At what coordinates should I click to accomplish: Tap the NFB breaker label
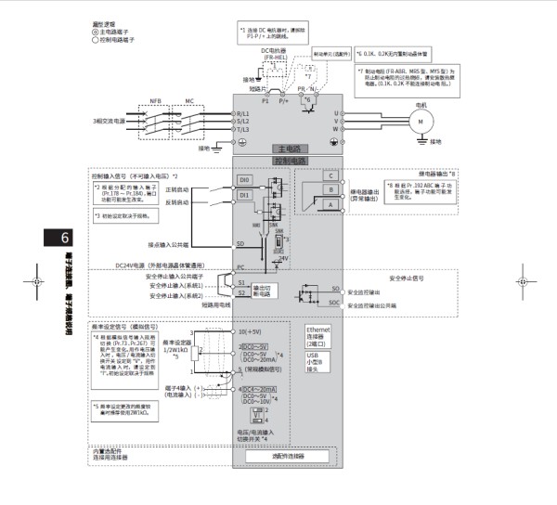click(155, 99)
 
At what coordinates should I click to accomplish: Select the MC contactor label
click(189, 99)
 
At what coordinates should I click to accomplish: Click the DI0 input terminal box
click(244, 179)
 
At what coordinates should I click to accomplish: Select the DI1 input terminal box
click(244, 196)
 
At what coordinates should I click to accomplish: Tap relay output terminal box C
click(329, 175)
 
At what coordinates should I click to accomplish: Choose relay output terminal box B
click(329, 190)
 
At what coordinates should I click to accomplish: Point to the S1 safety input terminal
click(241, 281)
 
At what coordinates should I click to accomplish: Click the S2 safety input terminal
click(241, 292)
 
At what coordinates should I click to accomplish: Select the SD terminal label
click(240, 244)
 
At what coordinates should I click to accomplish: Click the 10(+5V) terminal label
click(253, 331)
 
